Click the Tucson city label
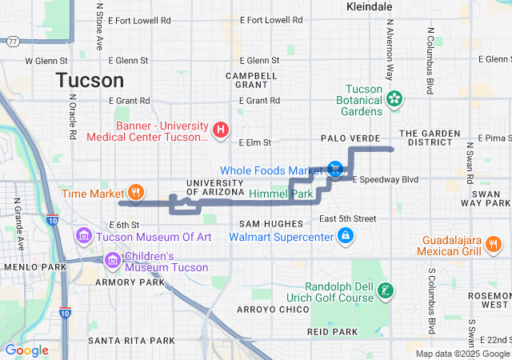tap(90, 80)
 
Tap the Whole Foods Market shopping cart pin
tap(335, 169)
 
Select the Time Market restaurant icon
tap(137, 193)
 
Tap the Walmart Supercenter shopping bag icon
tap(346, 236)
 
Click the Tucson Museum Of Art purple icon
tap(84, 236)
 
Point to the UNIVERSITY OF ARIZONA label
tap(214, 187)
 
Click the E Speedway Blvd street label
tap(386, 179)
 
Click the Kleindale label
tap(370, 6)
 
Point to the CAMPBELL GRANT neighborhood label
tap(250, 80)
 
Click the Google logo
tap(27, 350)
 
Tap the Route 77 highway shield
tap(14, 42)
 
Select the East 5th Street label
tap(347, 218)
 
